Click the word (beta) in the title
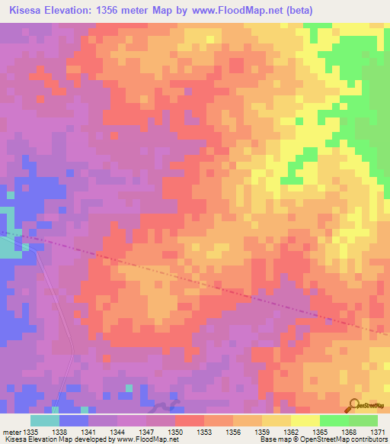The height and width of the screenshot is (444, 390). click(297, 11)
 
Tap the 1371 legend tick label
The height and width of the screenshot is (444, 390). click(379, 431)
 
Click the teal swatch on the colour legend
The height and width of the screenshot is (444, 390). click(45, 420)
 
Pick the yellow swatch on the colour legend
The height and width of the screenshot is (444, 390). click(305, 420)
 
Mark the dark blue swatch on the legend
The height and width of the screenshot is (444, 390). click(74, 420)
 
